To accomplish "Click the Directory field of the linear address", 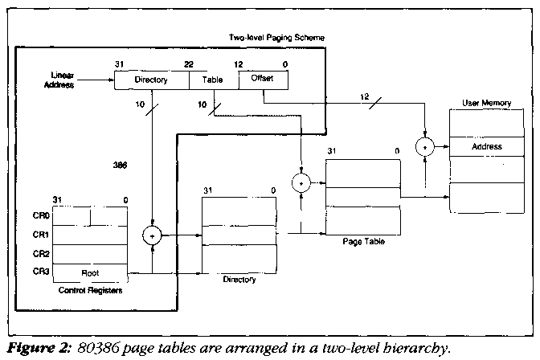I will pyautogui.click(x=152, y=80).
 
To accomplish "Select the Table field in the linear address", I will pyautogui.click(x=213, y=80).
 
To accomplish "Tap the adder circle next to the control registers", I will pyautogui.click(x=152, y=236).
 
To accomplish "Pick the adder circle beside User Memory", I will pyautogui.click(x=425, y=147).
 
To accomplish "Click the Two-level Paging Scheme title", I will pyautogui.click(x=267, y=38).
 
